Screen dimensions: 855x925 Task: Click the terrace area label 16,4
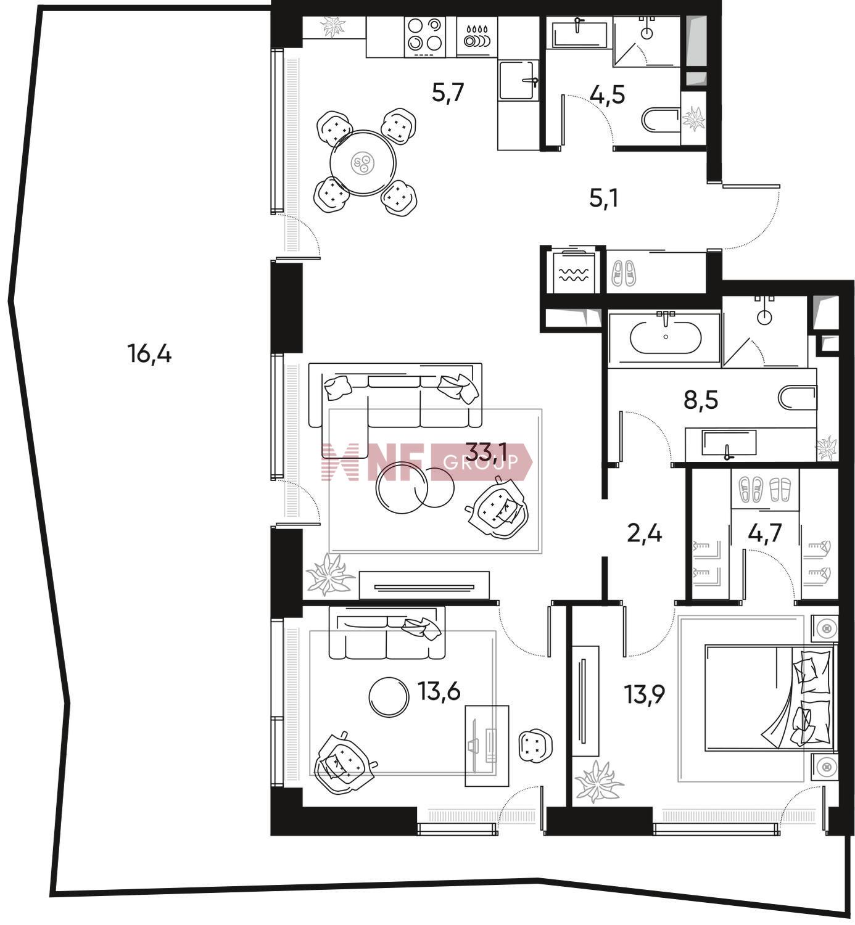click(149, 354)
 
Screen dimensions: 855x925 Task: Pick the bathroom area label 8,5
click(701, 400)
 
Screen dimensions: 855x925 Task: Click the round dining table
click(363, 163)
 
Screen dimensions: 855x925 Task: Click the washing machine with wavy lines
click(574, 272)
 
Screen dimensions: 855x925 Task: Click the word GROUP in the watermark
click(481, 461)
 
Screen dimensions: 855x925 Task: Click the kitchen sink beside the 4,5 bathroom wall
click(518, 81)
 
